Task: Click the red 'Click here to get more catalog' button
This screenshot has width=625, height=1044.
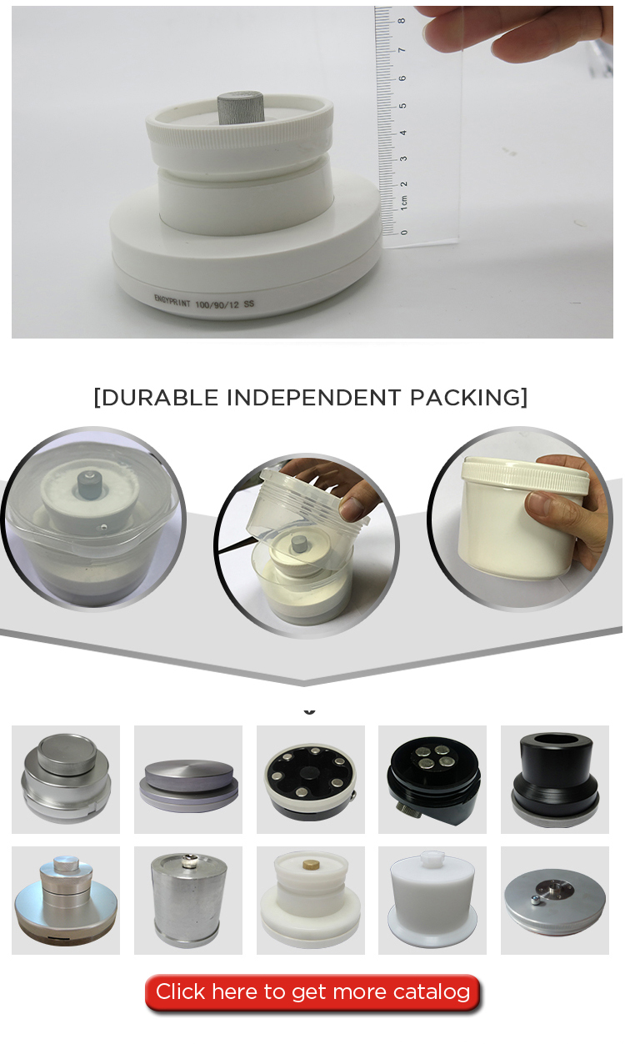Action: [312, 991]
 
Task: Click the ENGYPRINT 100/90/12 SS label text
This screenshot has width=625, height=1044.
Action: [204, 302]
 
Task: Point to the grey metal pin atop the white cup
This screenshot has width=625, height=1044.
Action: [241, 108]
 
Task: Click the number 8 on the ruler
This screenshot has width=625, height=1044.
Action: [402, 21]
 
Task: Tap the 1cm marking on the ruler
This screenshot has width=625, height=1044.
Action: [404, 203]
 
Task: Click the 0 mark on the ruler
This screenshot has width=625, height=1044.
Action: [404, 232]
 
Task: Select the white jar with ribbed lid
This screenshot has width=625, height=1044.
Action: [525, 517]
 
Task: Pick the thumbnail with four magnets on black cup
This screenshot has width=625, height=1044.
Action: [432, 780]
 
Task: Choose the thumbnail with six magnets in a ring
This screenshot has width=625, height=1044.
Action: [311, 780]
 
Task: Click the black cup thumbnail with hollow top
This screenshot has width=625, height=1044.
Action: [555, 780]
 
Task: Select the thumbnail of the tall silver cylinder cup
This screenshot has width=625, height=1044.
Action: [188, 901]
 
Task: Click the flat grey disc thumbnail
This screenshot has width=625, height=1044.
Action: [188, 780]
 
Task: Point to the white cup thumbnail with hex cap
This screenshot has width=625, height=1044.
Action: [432, 901]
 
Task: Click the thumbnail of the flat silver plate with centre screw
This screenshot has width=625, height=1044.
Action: [555, 901]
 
